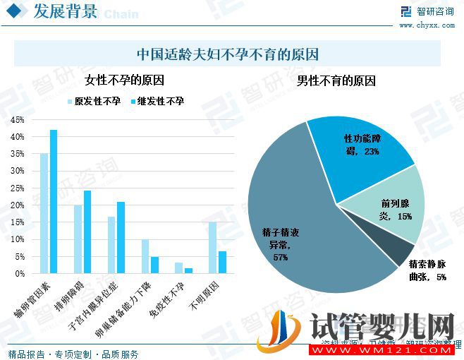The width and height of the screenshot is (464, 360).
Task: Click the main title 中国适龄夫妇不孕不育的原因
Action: [227, 54]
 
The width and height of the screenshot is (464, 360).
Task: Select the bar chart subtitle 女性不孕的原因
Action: [124, 80]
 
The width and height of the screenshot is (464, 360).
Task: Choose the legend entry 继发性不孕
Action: [159, 102]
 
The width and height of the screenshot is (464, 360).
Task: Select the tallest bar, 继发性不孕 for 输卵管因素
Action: [54, 201]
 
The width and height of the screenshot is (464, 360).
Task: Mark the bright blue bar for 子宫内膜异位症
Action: [121, 237]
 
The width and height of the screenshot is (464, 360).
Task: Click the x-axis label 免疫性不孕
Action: [167, 299]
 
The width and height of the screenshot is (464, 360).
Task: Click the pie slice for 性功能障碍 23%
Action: [360, 148]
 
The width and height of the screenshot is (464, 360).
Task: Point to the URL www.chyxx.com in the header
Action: [427, 25]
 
